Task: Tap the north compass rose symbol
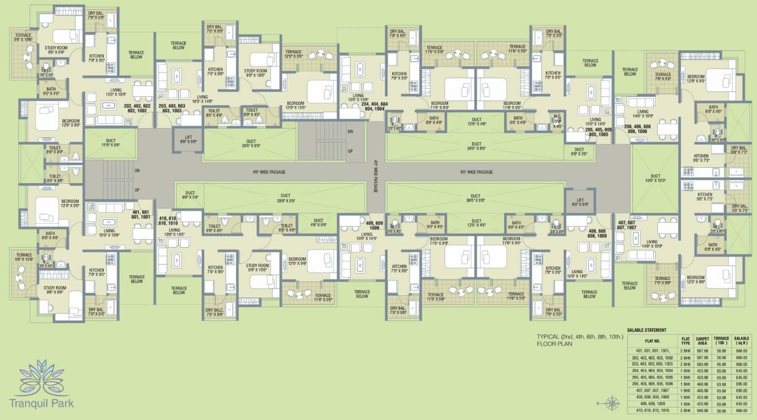612,404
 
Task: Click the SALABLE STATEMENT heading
647,330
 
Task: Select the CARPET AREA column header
703,341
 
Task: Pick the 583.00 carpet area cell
703,364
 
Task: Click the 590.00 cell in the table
703,410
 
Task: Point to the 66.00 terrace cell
721,364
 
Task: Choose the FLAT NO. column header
653,341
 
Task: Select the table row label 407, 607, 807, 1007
653,391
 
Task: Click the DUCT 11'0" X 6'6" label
110,143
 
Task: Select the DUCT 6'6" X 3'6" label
578,151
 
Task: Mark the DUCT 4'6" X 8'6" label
318,223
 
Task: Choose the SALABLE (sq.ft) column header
742,341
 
